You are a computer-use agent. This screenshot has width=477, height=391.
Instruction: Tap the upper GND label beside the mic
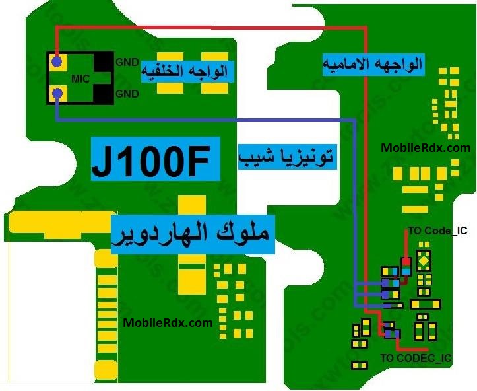(127, 63)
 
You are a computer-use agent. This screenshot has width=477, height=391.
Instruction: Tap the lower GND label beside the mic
(127, 94)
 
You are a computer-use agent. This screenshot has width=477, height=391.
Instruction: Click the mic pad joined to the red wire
(57, 63)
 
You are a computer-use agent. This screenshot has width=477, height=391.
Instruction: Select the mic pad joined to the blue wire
(57, 94)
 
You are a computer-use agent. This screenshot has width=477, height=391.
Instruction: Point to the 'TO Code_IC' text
(437, 231)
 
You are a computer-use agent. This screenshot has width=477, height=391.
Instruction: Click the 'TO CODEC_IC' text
(416, 358)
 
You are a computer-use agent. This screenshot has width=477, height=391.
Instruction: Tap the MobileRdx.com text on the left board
(168, 323)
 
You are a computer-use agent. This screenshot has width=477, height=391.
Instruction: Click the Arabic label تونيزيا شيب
(287, 158)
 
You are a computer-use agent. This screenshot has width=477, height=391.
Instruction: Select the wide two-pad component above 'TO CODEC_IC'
(426, 304)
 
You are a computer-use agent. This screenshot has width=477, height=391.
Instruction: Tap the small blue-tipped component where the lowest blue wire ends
(394, 306)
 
